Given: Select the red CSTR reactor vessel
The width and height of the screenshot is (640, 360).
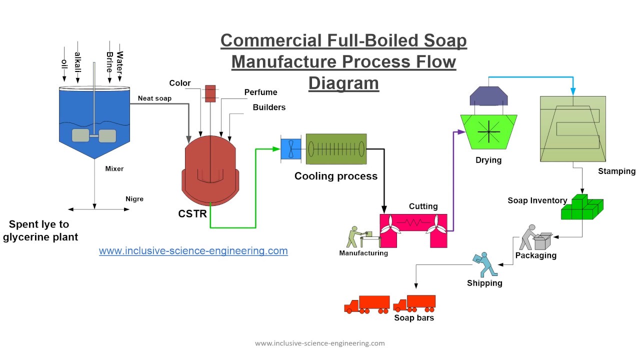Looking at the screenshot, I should (209, 170).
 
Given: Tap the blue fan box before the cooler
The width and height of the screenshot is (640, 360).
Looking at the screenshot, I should (291, 148).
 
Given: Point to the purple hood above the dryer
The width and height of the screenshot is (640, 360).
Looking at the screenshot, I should (489, 95).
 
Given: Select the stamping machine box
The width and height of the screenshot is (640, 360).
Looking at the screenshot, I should (572, 129).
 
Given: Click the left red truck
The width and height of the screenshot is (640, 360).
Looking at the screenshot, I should (366, 304).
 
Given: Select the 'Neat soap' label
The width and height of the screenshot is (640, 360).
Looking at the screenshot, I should (154, 98).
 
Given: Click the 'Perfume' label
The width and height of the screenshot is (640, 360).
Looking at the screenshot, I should (260, 92).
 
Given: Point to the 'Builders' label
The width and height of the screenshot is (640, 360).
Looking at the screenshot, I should (269, 107).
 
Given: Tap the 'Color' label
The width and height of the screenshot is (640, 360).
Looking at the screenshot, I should (179, 83).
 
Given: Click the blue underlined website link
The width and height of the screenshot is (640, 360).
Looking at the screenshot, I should (193, 250).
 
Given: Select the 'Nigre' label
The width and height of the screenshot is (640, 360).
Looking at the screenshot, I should (134, 198).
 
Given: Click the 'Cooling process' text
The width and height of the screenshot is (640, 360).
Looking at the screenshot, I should (335, 176).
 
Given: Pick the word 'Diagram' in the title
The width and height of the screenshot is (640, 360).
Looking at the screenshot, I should (343, 82).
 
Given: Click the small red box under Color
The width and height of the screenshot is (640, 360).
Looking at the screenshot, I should (210, 93).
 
